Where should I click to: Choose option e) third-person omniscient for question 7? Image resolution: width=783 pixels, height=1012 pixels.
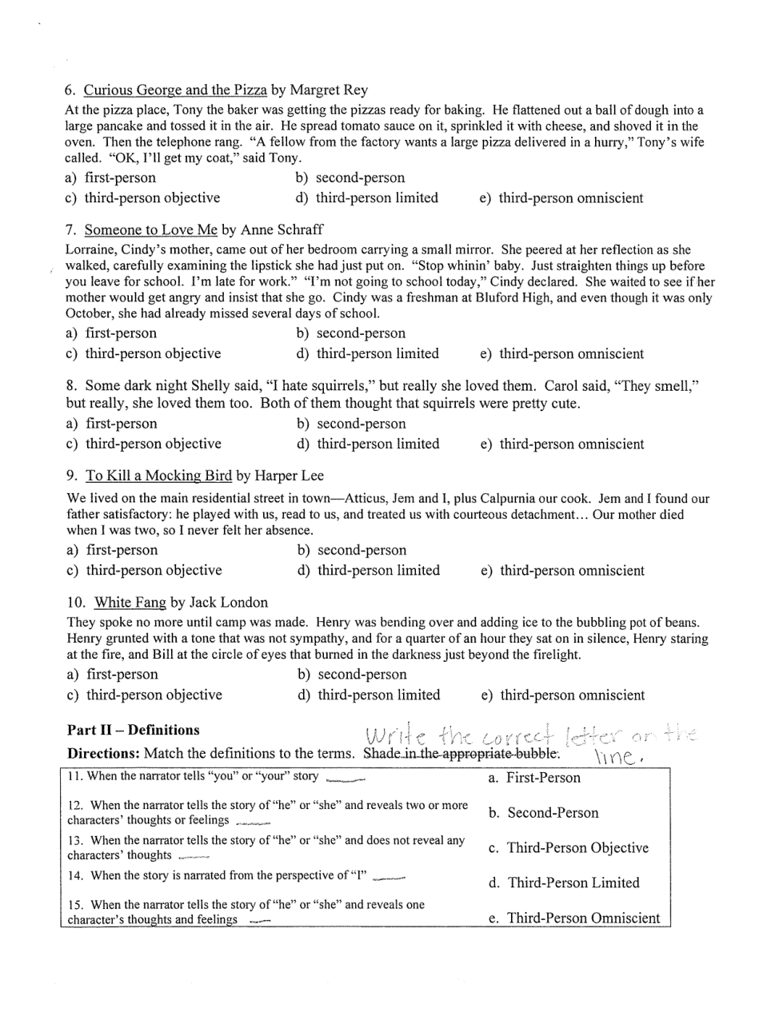tap(562, 354)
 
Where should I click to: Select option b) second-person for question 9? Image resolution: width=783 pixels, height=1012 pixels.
tap(353, 551)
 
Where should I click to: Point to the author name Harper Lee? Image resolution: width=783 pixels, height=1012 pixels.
tap(290, 476)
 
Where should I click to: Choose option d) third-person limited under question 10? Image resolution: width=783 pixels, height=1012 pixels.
tap(369, 695)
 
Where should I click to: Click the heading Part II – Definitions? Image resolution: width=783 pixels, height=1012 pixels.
tap(134, 731)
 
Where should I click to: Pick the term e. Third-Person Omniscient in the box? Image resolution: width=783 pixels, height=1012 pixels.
tap(573, 918)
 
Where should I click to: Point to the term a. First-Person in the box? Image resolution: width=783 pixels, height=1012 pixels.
tap(534, 778)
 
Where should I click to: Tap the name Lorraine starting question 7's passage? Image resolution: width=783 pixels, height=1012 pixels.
tap(91, 250)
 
